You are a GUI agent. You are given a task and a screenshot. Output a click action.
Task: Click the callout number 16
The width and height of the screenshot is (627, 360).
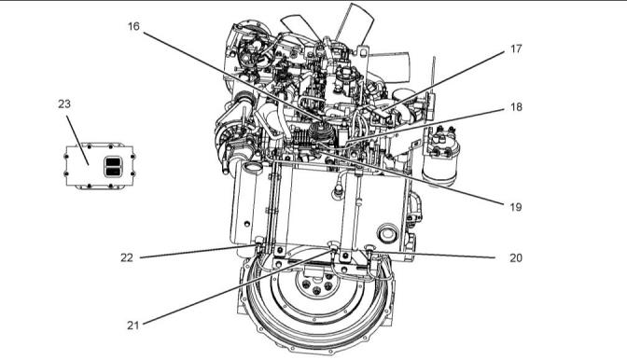pos(133,26)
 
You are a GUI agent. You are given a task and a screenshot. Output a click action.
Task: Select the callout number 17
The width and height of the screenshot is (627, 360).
pos(516,48)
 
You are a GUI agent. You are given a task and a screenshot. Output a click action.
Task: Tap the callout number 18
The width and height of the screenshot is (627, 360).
pos(516,107)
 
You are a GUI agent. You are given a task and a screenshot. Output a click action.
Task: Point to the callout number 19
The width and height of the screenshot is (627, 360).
pos(516,207)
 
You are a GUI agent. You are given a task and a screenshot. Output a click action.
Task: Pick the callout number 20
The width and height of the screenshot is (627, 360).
pos(516,257)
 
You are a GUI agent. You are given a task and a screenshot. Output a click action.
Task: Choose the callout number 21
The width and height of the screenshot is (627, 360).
pos(133,325)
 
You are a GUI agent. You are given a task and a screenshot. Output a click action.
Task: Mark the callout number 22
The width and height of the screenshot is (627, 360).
pos(127,257)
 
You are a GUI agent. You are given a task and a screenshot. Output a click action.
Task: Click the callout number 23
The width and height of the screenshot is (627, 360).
pos(64,104)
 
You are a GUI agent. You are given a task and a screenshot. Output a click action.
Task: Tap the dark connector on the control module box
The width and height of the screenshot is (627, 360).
pos(113,167)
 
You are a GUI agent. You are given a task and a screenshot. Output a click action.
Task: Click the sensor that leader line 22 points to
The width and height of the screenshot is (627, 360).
pos(258,242)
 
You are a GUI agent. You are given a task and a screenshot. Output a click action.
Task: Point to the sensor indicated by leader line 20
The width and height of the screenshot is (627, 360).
pos(370,250)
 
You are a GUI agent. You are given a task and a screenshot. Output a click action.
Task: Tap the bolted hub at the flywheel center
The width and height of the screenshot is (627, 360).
pos(316,284)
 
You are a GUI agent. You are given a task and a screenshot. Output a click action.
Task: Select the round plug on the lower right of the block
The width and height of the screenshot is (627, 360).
pos(387,233)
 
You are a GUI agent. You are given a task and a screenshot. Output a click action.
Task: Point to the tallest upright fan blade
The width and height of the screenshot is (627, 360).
pos(355,22)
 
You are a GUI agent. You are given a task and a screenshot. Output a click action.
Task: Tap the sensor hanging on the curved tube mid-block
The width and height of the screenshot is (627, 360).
pos(337,193)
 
